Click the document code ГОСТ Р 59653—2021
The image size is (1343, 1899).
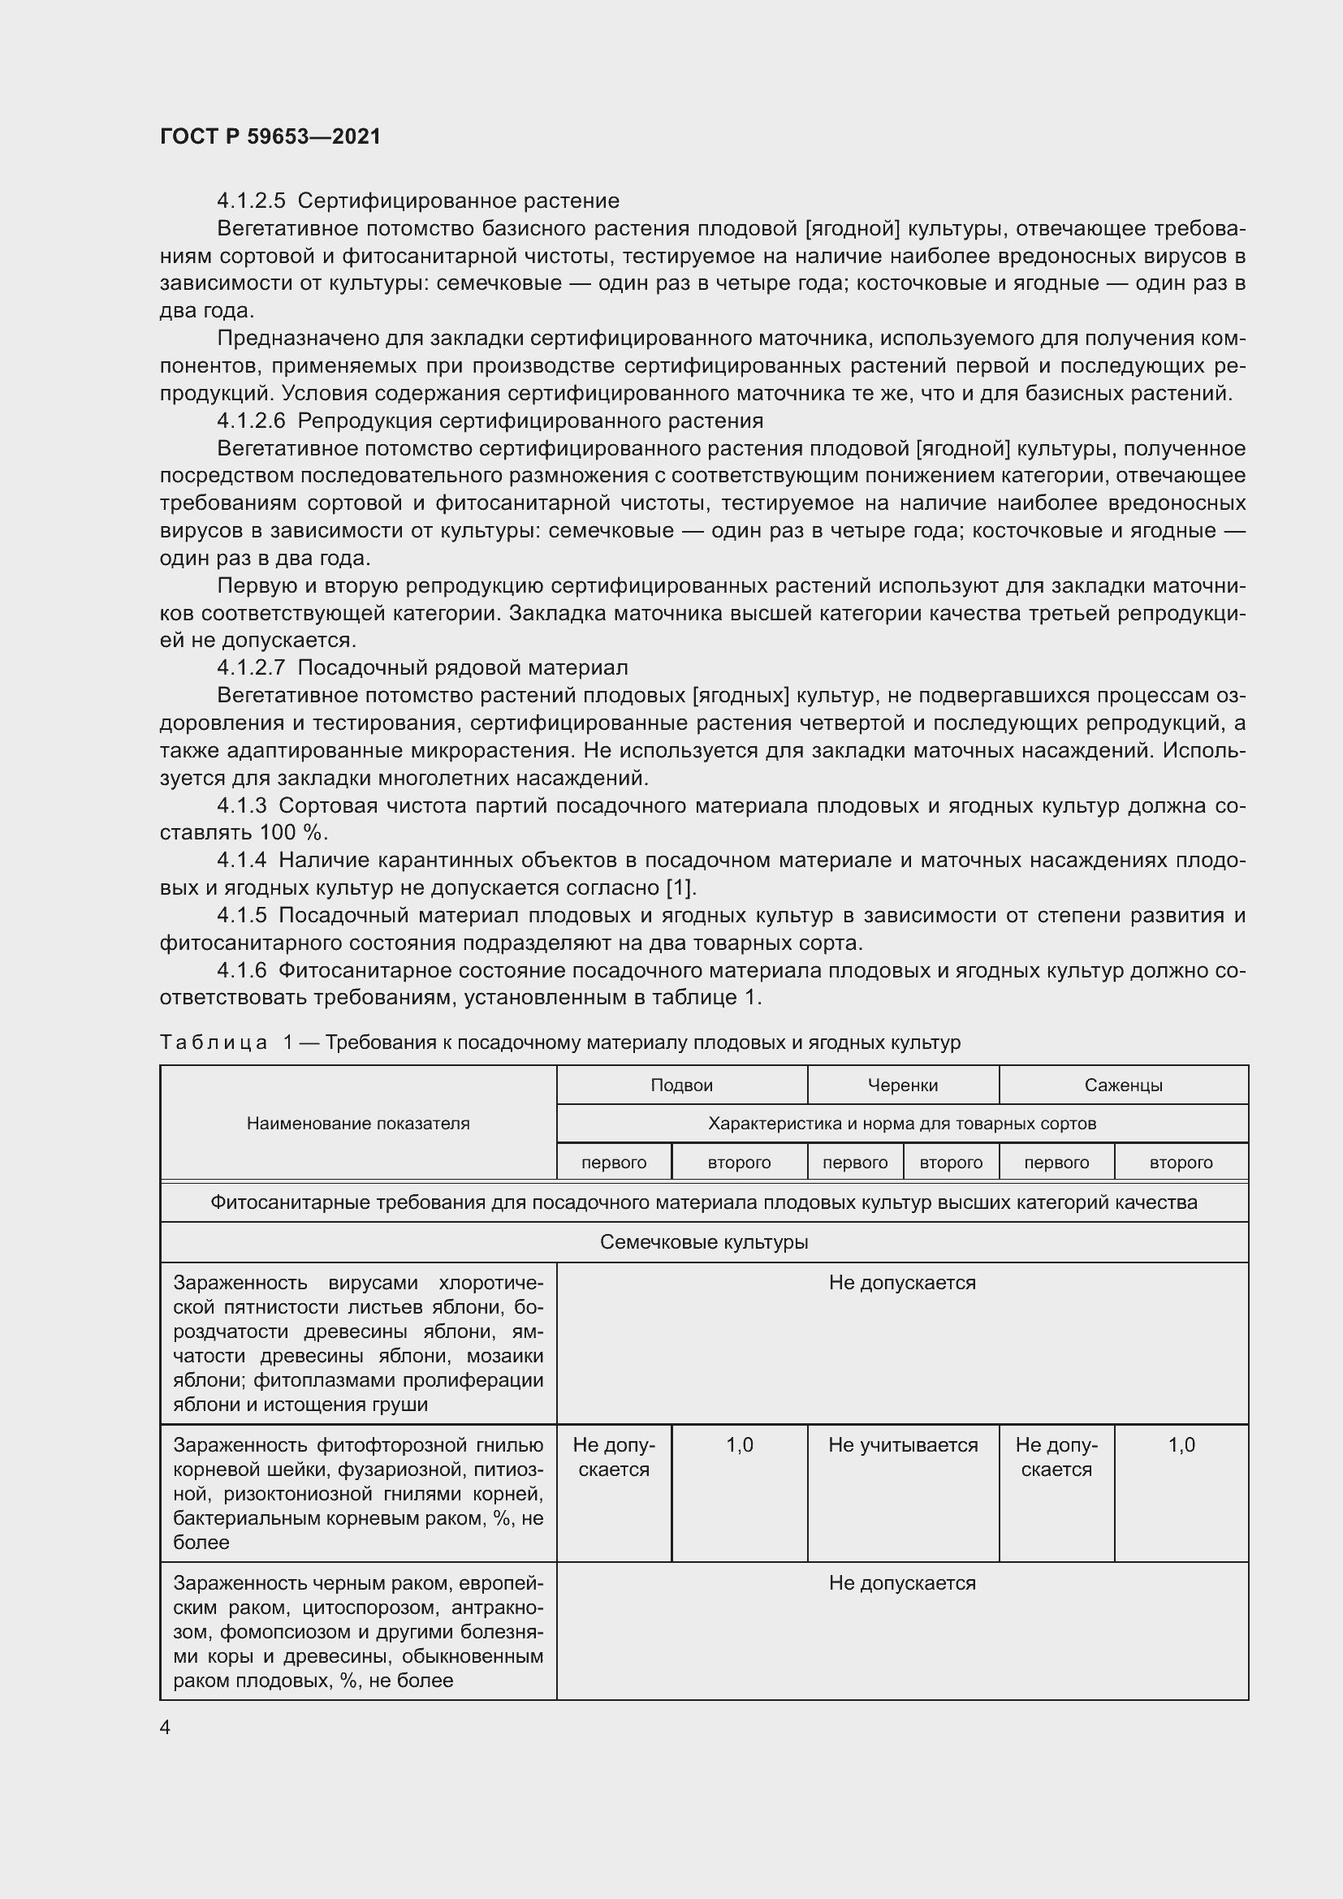270,136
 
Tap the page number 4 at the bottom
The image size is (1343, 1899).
166,1727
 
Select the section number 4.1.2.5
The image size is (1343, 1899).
251,201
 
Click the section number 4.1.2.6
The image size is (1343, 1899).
251,421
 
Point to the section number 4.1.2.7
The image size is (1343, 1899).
251,667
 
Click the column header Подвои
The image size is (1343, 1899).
681,1085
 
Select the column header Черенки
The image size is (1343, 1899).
902,1085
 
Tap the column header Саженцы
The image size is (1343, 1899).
1123,1085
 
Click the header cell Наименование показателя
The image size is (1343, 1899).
358,1123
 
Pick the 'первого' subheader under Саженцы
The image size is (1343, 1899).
1056,1162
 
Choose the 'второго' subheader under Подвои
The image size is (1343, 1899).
740,1162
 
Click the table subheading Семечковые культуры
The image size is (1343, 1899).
704,1242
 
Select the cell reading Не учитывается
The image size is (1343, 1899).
903,1445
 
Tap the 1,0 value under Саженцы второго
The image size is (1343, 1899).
1181,1445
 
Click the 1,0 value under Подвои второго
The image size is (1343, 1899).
740,1445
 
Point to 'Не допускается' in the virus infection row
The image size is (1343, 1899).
902,1283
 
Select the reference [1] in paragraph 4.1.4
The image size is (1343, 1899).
680,887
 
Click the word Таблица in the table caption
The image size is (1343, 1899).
214,1042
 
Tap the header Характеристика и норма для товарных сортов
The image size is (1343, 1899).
902,1123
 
